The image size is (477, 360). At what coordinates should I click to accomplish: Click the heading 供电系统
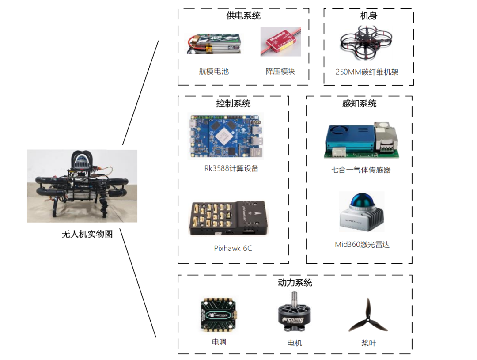[243, 15]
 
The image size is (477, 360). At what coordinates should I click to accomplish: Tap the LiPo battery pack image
[214, 44]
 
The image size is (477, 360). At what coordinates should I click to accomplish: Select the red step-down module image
[280, 42]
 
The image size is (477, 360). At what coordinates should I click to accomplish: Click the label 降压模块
[280, 72]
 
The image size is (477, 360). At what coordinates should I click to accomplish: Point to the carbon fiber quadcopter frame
[366, 42]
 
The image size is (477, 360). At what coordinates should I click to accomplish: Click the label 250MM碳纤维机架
[367, 72]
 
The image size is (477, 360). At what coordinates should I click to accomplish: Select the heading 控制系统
[233, 103]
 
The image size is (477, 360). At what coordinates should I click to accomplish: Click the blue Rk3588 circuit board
[225, 136]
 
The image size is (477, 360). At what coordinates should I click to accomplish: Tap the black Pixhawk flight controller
[228, 218]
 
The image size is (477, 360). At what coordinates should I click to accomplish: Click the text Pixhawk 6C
[233, 248]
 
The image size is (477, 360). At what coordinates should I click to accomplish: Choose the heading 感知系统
[359, 103]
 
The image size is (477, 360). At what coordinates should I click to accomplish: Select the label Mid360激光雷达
[362, 245]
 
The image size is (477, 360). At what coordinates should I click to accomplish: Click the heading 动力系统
[295, 283]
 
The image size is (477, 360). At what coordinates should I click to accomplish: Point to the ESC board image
[219, 315]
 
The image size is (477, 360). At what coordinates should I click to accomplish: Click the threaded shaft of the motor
[295, 299]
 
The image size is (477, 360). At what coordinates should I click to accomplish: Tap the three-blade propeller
[368, 316]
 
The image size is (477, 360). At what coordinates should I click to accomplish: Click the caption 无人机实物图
[87, 234]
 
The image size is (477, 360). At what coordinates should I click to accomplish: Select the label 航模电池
[214, 72]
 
